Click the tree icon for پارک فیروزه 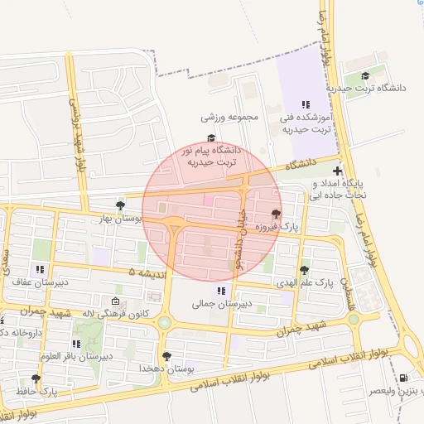[x=275, y=214]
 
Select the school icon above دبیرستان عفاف [x=40, y=269]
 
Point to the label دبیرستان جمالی [x=221, y=304]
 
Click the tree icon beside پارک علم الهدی [x=305, y=270]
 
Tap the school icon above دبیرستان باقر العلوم [x=76, y=344]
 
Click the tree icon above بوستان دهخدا [x=167, y=355]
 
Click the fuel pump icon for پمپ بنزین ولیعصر [x=403, y=378]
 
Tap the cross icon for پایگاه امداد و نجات [x=336, y=171]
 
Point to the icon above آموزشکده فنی [x=305, y=105]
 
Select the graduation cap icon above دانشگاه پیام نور [x=211, y=138]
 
